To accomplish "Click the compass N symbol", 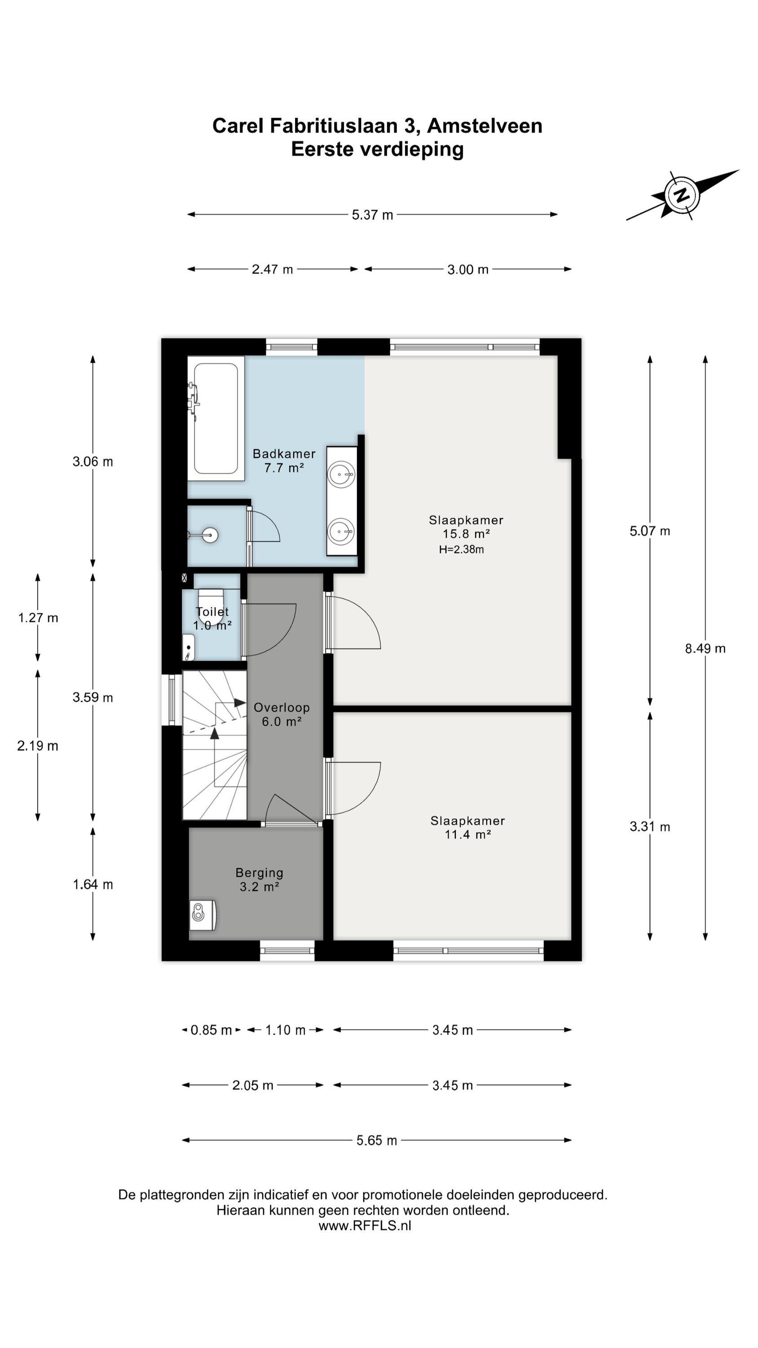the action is click(x=681, y=195).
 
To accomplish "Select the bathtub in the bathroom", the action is click(x=216, y=418).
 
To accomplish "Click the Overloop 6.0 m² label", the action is click(x=282, y=714).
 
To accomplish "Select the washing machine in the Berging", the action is click(x=203, y=915).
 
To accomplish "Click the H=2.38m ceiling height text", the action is click(x=461, y=550).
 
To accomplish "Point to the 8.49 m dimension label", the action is click(x=705, y=649).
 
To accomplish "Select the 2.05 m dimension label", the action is click(x=253, y=1085).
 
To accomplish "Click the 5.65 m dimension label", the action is click(x=377, y=1140).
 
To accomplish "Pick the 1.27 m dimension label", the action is click(x=38, y=618).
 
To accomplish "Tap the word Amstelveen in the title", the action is click(x=485, y=126).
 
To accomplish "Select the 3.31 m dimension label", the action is click(x=650, y=827).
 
